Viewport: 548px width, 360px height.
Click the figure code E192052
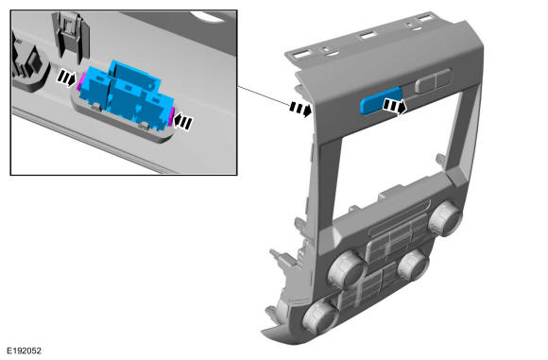click(25, 351)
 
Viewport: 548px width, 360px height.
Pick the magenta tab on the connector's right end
click(172, 116)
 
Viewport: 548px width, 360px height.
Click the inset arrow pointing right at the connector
click(66, 77)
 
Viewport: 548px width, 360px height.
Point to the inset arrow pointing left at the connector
click(182, 122)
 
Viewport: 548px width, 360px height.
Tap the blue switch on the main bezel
click(380, 100)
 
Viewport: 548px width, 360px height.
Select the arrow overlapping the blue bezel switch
click(395, 106)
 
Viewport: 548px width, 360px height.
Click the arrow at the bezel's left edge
click(300, 109)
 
